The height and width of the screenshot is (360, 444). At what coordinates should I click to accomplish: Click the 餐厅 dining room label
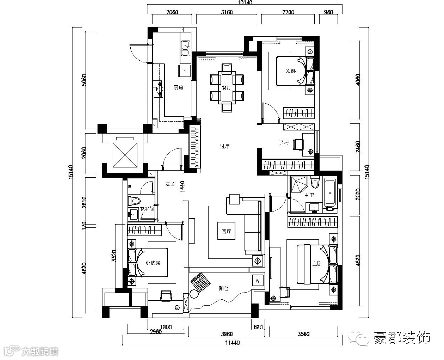click(x=227, y=88)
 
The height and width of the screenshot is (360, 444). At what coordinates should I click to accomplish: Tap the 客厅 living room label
click(x=227, y=232)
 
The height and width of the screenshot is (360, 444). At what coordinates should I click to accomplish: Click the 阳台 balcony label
click(x=224, y=288)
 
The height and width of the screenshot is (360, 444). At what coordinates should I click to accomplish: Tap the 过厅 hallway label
click(x=224, y=147)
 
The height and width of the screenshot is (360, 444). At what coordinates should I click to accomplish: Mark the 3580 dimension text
click(x=304, y=328)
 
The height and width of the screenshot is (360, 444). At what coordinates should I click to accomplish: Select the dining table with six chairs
click(x=227, y=87)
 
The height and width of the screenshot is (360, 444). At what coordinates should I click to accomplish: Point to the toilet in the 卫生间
click(x=133, y=201)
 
